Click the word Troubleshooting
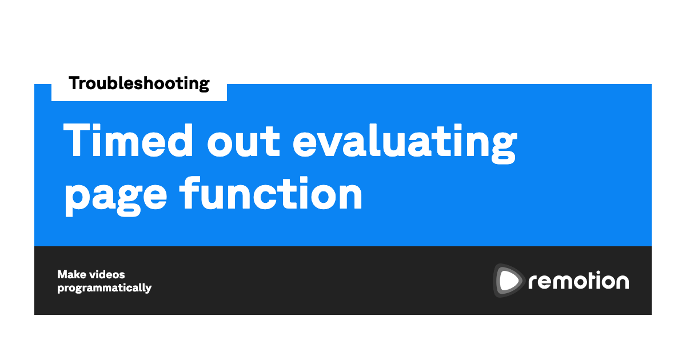pos(139,83)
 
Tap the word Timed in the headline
pos(128,140)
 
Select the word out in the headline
pos(244,143)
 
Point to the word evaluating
pos(405,143)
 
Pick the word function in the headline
pos(271,193)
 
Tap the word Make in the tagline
pos(72,275)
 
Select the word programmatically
pos(105,288)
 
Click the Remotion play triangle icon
pos(508,281)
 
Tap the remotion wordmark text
pos(579,281)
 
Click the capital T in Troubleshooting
pos(75,83)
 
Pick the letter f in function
pos(190,193)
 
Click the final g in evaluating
pos(504,147)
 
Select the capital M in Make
pos(64,275)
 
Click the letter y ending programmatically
pos(147,289)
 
